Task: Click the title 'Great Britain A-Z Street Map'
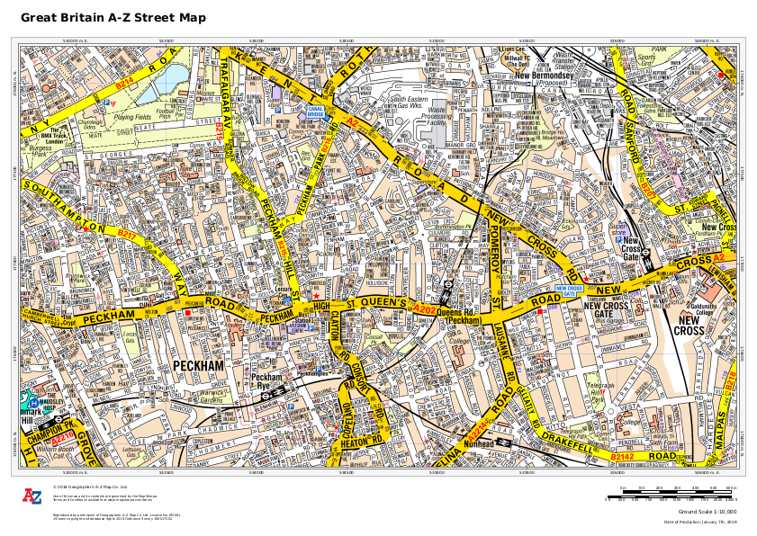113,18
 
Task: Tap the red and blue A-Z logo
32,496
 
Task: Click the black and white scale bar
671,495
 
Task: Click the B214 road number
124,82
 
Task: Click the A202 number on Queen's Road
425,309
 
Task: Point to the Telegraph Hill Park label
599,388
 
